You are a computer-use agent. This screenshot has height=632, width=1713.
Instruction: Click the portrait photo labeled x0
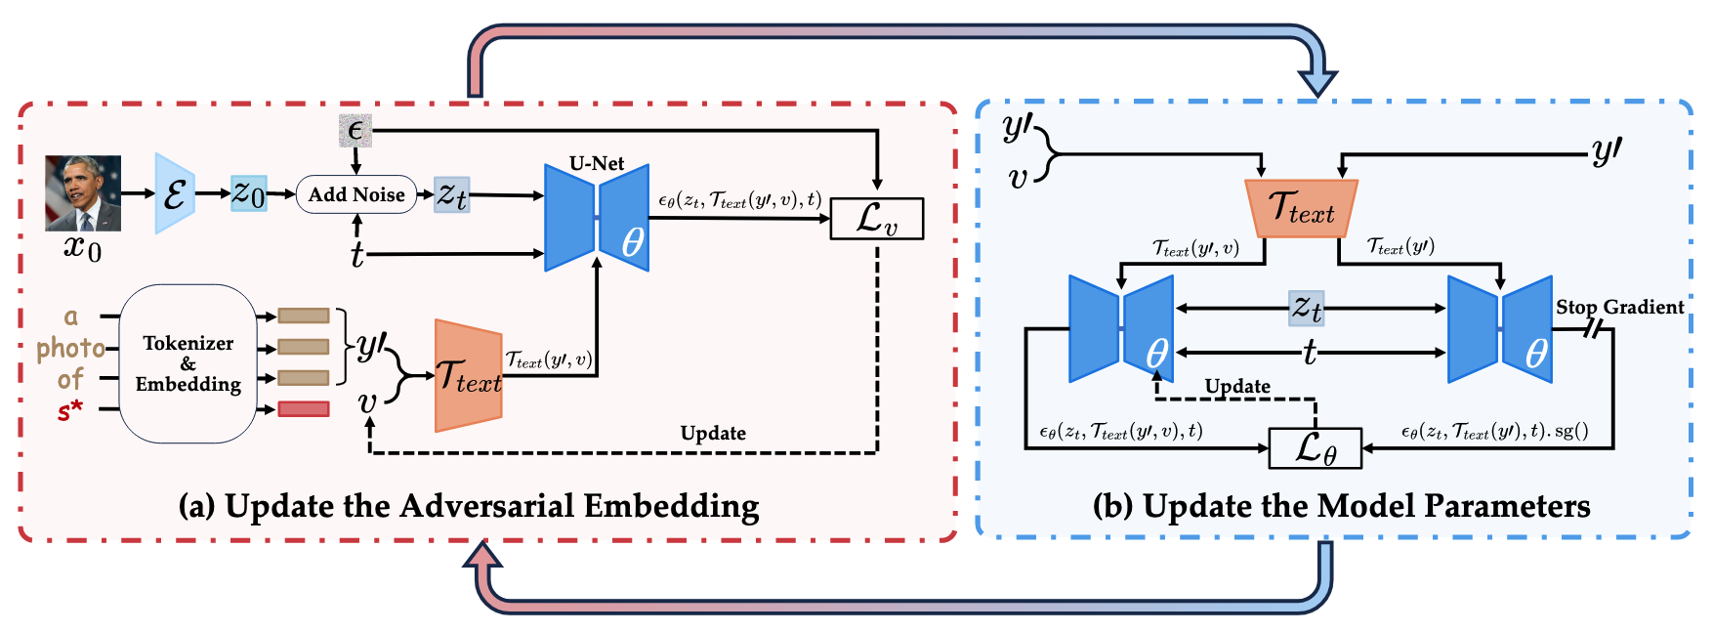coord(83,193)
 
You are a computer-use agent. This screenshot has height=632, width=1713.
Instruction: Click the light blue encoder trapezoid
coord(175,193)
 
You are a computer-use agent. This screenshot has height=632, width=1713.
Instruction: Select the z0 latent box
coord(248,193)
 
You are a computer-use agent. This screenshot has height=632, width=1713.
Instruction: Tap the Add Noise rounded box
coord(356,194)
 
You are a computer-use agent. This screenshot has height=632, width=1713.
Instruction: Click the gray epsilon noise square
coord(355,130)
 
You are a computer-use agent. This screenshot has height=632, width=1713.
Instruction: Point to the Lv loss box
coord(876,219)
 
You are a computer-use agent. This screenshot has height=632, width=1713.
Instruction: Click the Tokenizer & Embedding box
coord(188,363)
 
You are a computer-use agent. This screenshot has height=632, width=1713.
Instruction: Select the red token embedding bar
coord(303,408)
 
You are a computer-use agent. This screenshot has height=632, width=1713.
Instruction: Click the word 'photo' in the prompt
coord(70,348)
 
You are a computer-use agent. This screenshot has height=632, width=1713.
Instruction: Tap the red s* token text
coord(70,410)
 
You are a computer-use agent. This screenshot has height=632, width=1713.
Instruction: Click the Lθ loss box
coord(1315,448)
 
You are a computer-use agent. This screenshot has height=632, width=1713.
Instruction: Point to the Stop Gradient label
coord(1619,307)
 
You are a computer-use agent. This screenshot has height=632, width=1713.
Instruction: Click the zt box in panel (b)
coord(1307,308)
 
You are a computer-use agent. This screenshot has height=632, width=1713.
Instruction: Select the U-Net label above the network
coord(597,163)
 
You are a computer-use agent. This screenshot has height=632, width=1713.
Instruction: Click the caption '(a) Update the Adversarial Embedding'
coord(469,506)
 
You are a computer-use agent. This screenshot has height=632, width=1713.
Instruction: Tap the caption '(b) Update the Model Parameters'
coord(1341,506)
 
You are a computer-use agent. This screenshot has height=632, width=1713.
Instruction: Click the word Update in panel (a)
coord(713,433)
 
